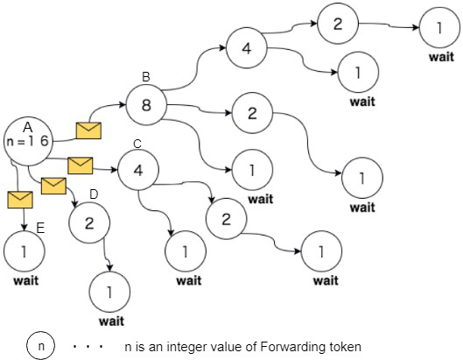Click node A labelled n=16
click(27, 139)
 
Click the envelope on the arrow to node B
click(88, 131)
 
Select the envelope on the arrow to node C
click(81, 164)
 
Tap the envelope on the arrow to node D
click(53, 185)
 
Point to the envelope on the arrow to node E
click(19, 200)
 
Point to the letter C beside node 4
click(137, 143)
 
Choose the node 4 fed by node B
click(246, 48)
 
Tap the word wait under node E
click(25, 281)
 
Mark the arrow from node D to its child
click(109, 254)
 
